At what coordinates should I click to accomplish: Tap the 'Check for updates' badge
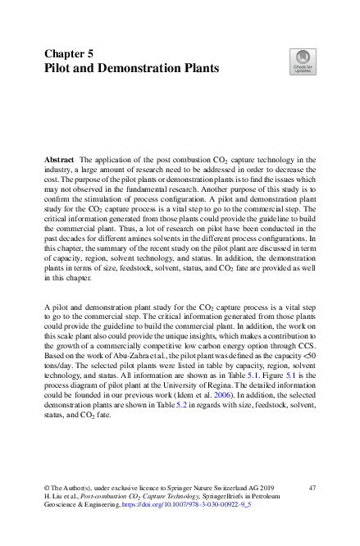point(302,61)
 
